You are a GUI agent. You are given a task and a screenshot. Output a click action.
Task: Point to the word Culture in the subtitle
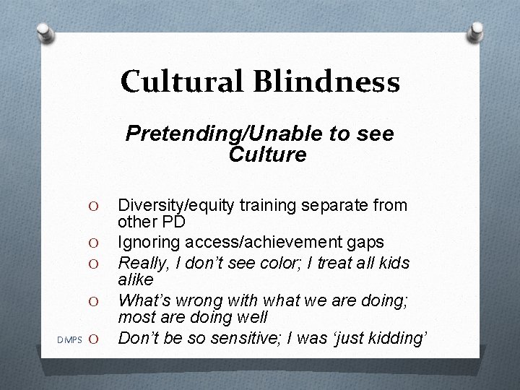(x=267, y=154)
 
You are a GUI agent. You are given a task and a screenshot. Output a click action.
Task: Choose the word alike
(x=135, y=279)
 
